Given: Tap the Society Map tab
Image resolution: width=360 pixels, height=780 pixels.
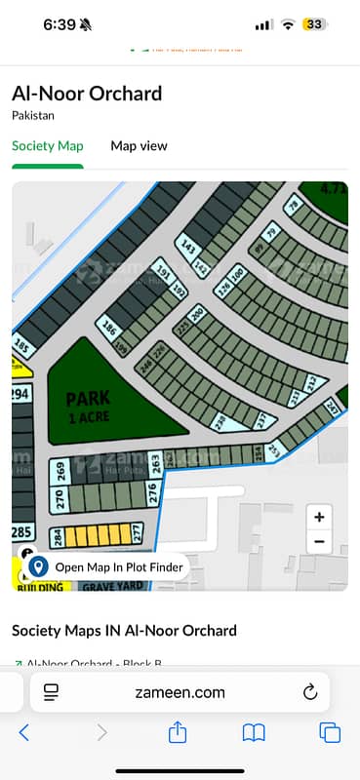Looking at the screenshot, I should tap(48, 146).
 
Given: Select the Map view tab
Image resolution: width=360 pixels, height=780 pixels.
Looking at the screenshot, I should tap(139, 146).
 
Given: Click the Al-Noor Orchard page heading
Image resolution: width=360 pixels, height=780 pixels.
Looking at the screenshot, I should tap(87, 95).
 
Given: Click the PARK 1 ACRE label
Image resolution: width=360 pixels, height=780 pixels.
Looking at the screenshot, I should tap(88, 405).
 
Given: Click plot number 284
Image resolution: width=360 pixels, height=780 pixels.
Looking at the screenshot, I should tap(58, 538).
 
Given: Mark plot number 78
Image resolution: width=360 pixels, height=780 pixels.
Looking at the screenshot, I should tap(293, 206).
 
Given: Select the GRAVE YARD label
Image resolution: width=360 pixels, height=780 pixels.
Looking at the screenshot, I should tap(113, 586).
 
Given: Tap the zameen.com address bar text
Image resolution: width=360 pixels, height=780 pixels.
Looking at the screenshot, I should tap(180, 693).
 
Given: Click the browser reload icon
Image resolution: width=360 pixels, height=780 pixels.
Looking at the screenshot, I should tap(310, 693).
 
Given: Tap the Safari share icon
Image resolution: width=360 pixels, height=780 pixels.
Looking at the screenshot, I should tap(178, 732).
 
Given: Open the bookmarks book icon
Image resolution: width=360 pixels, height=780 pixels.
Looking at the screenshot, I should tap(254, 732).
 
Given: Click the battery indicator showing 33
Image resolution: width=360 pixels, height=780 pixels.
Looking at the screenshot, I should tap(314, 24).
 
